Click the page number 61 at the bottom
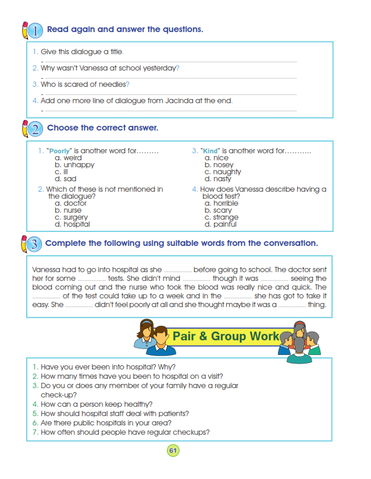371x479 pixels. pos(173,450)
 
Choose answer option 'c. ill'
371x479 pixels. pos(62,172)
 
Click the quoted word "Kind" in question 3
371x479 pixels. pos(209,151)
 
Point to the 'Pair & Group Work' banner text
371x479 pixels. pos(226,336)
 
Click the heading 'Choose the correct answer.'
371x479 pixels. pos(102,128)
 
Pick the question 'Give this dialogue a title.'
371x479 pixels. pos(82,52)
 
